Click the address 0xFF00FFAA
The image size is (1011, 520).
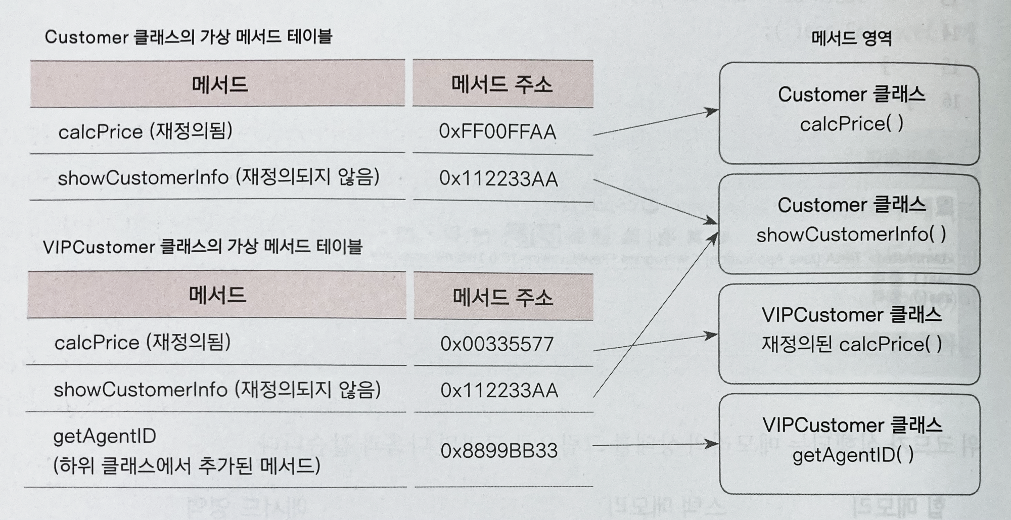tap(497, 131)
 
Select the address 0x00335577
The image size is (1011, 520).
tap(497, 344)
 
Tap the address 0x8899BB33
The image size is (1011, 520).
tap(499, 451)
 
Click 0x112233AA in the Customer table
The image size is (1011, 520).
tap(498, 179)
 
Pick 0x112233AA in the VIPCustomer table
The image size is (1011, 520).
tap(499, 391)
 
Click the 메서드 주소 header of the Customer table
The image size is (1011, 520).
tap(502, 84)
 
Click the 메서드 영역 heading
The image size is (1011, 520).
tap(851, 38)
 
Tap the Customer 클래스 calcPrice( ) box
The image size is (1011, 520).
tap(850, 113)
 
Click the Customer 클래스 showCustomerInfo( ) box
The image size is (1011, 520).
tap(850, 224)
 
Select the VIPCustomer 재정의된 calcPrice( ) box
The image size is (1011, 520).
tap(850, 334)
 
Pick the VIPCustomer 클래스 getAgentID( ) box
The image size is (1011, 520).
tap(850, 444)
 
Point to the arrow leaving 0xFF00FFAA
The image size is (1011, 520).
tap(656, 123)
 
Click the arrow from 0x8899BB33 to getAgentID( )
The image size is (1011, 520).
tap(656, 445)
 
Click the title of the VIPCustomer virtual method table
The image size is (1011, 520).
tap(203, 247)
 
